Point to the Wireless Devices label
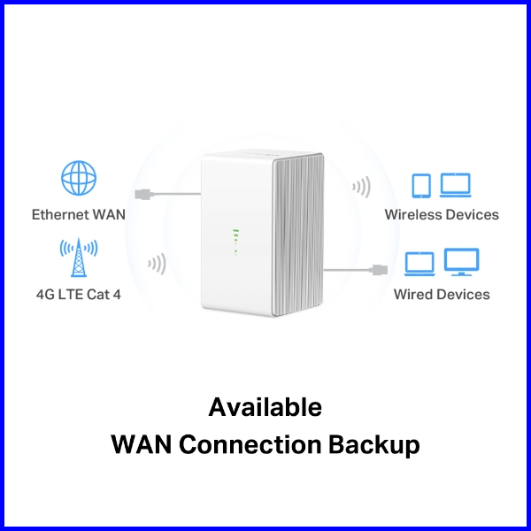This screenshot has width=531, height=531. (442, 214)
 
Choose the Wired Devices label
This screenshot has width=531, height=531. (442, 293)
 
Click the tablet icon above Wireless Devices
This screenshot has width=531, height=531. (422, 185)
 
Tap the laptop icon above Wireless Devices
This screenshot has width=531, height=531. (455, 185)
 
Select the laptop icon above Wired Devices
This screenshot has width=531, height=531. (419, 263)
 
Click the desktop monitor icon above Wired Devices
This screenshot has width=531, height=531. (461, 262)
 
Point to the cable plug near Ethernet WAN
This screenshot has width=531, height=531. (144, 192)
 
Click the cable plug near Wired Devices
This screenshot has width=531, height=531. (378, 267)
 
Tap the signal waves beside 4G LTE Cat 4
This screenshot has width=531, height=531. (158, 263)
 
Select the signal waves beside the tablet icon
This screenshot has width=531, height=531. (360, 187)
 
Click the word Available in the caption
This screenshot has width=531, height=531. (265, 407)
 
